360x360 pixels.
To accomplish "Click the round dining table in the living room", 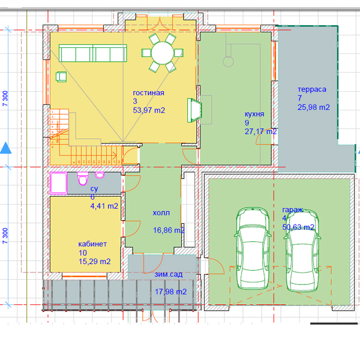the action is click(x=163, y=53).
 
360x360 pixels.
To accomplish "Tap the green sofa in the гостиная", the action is click(x=93, y=53).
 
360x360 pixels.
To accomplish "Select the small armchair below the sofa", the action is click(x=61, y=76).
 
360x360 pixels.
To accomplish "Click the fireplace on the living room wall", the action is click(x=194, y=110).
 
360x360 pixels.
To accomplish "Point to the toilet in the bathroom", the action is click(x=83, y=178).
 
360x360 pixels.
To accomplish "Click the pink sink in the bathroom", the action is click(x=100, y=175).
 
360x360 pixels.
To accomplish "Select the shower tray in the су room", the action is click(x=59, y=183).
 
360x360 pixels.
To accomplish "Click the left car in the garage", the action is click(x=253, y=248).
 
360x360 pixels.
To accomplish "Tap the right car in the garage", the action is click(x=302, y=250).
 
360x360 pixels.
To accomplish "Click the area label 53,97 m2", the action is click(x=149, y=110).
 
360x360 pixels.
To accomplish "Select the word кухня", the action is click(x=254, y=114).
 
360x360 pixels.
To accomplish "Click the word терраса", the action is click(x=312, y=89).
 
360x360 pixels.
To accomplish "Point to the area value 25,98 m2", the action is click(x=314, y=107).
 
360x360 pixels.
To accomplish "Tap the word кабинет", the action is click(x=92, y=244).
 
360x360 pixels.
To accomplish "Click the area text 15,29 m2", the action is click(x=95, y=262).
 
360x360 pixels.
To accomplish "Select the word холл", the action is click(x=161, y=213).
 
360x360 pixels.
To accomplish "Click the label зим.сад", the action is click(x=169, y=274).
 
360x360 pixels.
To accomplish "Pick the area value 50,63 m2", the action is click(x=298, y=227).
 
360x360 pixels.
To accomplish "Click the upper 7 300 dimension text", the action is click(x=5, y=98).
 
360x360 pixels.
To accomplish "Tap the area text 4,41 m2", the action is click(x=104, y=206).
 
